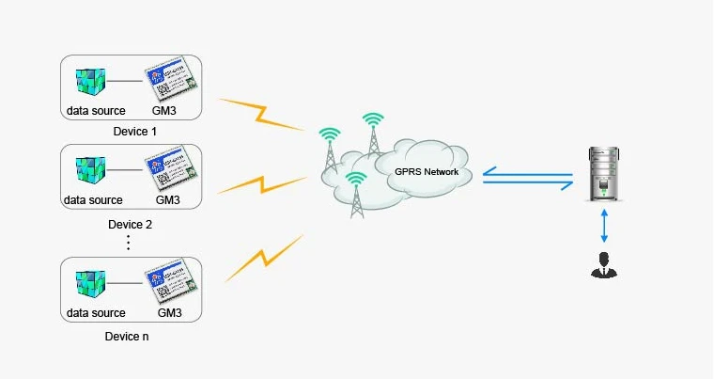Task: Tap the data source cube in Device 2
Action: pyautogui.click(x=91, y=170)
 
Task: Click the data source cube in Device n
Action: pyautogui.click(x=91, y=284)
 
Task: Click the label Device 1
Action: pyautogui.click(x=129, y=132)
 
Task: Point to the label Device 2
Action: pyautogui.click(x=130, y=225)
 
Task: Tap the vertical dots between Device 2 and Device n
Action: pyautogui.click(x=129, y=243)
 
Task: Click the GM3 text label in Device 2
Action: pyautogui.click(x=166, y=200)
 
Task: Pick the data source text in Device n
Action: pyautogui.click(x=95, y=313)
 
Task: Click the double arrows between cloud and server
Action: pyautogui.click(x=527, y=176)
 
